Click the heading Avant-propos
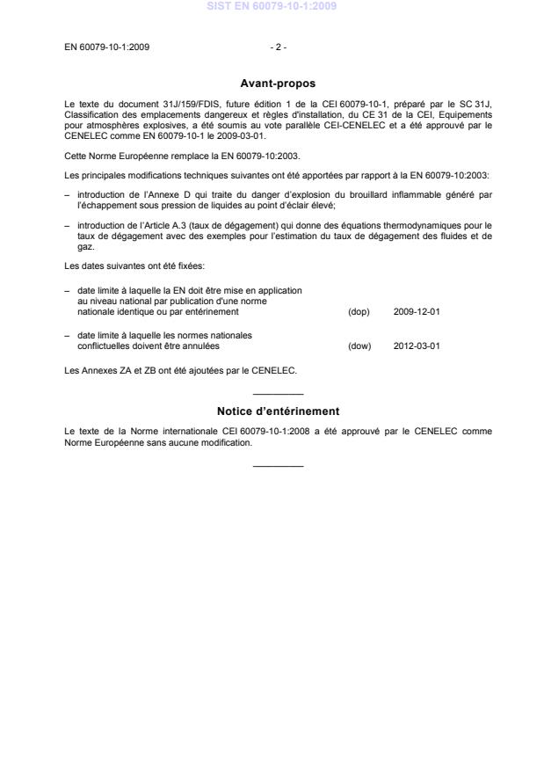(x=272, y=84)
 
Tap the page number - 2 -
(x=278, y=47)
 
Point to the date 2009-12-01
(x=411, y=311)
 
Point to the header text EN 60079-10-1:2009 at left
(x=107, y=47)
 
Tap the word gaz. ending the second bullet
(x=85, y=248)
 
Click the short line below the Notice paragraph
(x=278, y=464)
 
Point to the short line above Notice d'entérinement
(x=278, y=394)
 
